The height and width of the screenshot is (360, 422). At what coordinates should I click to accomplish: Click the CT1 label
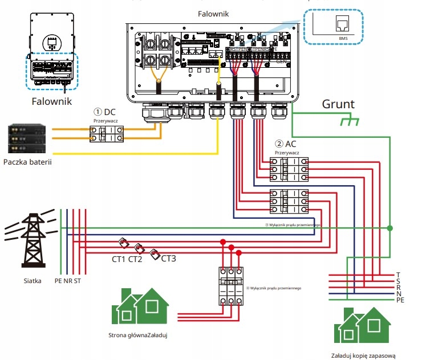tap(119, 260)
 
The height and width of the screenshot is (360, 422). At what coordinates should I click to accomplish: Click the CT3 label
tap(169, 259)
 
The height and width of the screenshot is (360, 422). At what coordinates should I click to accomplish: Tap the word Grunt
tap(338, 104)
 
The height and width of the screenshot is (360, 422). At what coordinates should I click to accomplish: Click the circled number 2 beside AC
tap(279, 144)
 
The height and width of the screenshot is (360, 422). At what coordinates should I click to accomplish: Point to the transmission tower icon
tap(32, 239)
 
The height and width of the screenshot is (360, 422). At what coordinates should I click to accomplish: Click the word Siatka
tap(33, 281)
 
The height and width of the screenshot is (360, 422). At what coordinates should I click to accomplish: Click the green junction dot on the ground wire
tap(389, 228)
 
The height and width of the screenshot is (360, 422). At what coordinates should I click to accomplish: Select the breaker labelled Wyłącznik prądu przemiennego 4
tap(231, 287)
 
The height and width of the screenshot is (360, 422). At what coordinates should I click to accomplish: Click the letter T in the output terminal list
tap(398, 275)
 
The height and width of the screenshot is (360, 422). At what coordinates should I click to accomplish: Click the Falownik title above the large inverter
tap(213, 13)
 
